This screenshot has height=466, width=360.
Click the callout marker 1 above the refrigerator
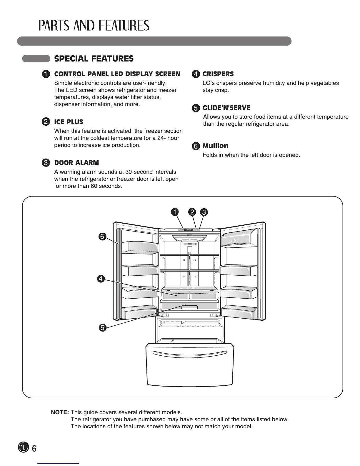tap(175, 212)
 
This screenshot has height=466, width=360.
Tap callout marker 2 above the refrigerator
tap(192, 212)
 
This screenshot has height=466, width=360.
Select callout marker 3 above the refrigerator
tap(204, 212)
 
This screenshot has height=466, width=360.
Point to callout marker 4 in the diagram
tap(101, 279)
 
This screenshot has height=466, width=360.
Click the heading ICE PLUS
tap(69, 122)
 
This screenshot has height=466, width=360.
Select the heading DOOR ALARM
tap(76, 163)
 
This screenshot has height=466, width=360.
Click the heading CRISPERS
tap(218, 74)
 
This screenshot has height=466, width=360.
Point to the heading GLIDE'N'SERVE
tap(226, 108)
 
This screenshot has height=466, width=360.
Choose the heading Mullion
tap(215, 146)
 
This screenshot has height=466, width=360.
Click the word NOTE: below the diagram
tap(60, 412)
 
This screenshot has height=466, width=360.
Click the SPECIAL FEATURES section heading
tap(94, 59)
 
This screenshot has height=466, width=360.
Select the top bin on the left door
tap(138, 247)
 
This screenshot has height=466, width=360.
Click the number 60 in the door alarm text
tap(96, 186)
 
